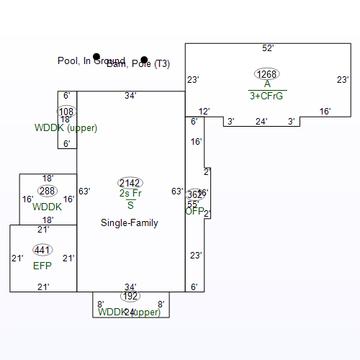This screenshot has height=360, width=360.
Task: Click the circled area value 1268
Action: point(266,74)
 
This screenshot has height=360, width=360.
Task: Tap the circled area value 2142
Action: point(130,183)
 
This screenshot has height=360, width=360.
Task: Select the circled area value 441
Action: point(43,250)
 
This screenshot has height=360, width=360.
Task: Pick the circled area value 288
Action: point(48,191)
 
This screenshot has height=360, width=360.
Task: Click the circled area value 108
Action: point(66,112)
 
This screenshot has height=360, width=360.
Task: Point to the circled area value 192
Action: point(130,296)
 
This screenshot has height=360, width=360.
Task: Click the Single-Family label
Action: point(130,223)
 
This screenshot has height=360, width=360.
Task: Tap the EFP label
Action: point(42,266)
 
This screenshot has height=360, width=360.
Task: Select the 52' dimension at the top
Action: point(268,48)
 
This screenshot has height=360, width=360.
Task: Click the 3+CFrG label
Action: point(266,95)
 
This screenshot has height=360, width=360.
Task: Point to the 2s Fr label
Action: point(130,194)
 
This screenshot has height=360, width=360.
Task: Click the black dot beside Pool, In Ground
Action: point(96,56)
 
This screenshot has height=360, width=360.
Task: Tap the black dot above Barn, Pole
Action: point(144,60)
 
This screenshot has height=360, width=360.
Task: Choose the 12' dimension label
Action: point(204,112)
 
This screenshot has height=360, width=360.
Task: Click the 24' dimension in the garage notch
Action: point(261,122)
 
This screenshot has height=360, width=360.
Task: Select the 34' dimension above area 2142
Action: point(130,95)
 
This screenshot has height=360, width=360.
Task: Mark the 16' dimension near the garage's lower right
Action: point(325,112)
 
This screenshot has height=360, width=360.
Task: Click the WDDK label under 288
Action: point(47,207)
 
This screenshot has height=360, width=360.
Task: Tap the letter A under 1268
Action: point(267,84)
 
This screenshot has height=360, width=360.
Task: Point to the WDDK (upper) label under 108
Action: point(66,128)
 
